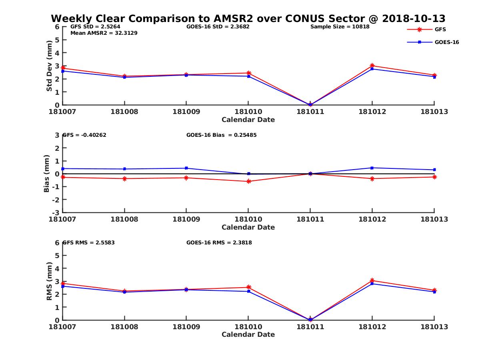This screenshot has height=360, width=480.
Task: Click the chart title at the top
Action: click(248, 18)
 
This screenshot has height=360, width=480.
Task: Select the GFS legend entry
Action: click(440, 29)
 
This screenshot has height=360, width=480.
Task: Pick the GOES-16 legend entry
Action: click(446, 42)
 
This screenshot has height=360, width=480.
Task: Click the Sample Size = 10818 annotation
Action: click(340, 27)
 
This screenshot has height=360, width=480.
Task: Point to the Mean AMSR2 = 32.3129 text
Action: click(104, 33)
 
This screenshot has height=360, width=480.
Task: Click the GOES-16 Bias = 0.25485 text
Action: click(221, 135)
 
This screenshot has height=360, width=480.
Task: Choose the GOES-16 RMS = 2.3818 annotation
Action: click(219, 242)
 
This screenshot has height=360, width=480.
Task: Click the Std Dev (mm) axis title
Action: click(49, 66)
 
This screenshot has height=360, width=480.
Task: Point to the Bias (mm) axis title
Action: click(47, 174)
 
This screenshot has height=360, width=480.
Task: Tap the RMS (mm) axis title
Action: click(49, 281)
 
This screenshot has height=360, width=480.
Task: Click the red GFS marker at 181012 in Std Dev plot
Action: click(372, 66)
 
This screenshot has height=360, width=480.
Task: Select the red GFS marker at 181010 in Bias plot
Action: click(248, 181)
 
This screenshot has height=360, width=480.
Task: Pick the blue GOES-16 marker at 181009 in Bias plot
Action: click(186, 168)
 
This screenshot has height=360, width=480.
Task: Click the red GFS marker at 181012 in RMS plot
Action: click(372, 280)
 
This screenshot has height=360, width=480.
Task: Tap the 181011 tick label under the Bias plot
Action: click(310, 219)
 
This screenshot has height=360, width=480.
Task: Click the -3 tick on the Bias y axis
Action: click(57, 212)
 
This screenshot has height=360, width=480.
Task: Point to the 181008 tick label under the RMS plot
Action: click(124, 327)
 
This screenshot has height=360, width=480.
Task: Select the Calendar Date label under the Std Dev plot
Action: click(248, 120)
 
